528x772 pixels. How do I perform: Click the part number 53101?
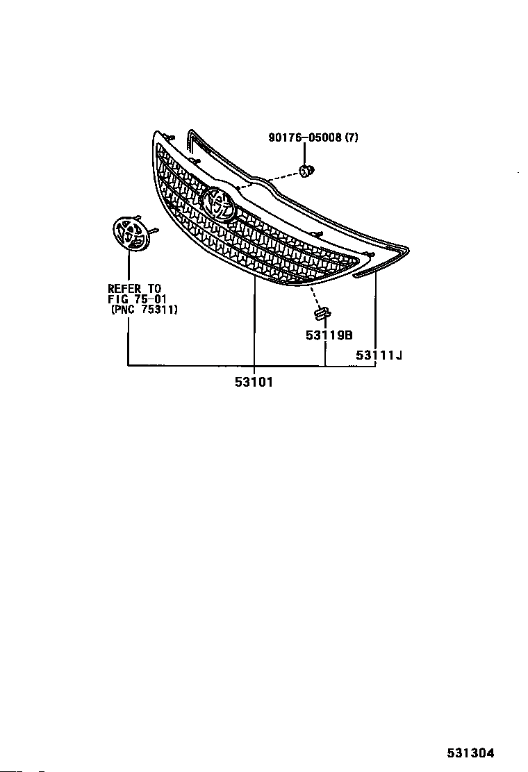pos(254,381)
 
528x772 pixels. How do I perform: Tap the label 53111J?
pos(379,355)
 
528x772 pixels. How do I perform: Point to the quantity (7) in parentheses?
pos(351,137)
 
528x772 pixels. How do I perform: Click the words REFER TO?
pos(134,288)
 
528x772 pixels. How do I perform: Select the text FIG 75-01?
pos(137,299)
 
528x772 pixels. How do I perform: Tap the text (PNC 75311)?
pos(145,310)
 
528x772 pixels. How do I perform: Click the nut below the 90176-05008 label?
pos(306,170)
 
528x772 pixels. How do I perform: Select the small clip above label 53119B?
pos(320,313)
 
